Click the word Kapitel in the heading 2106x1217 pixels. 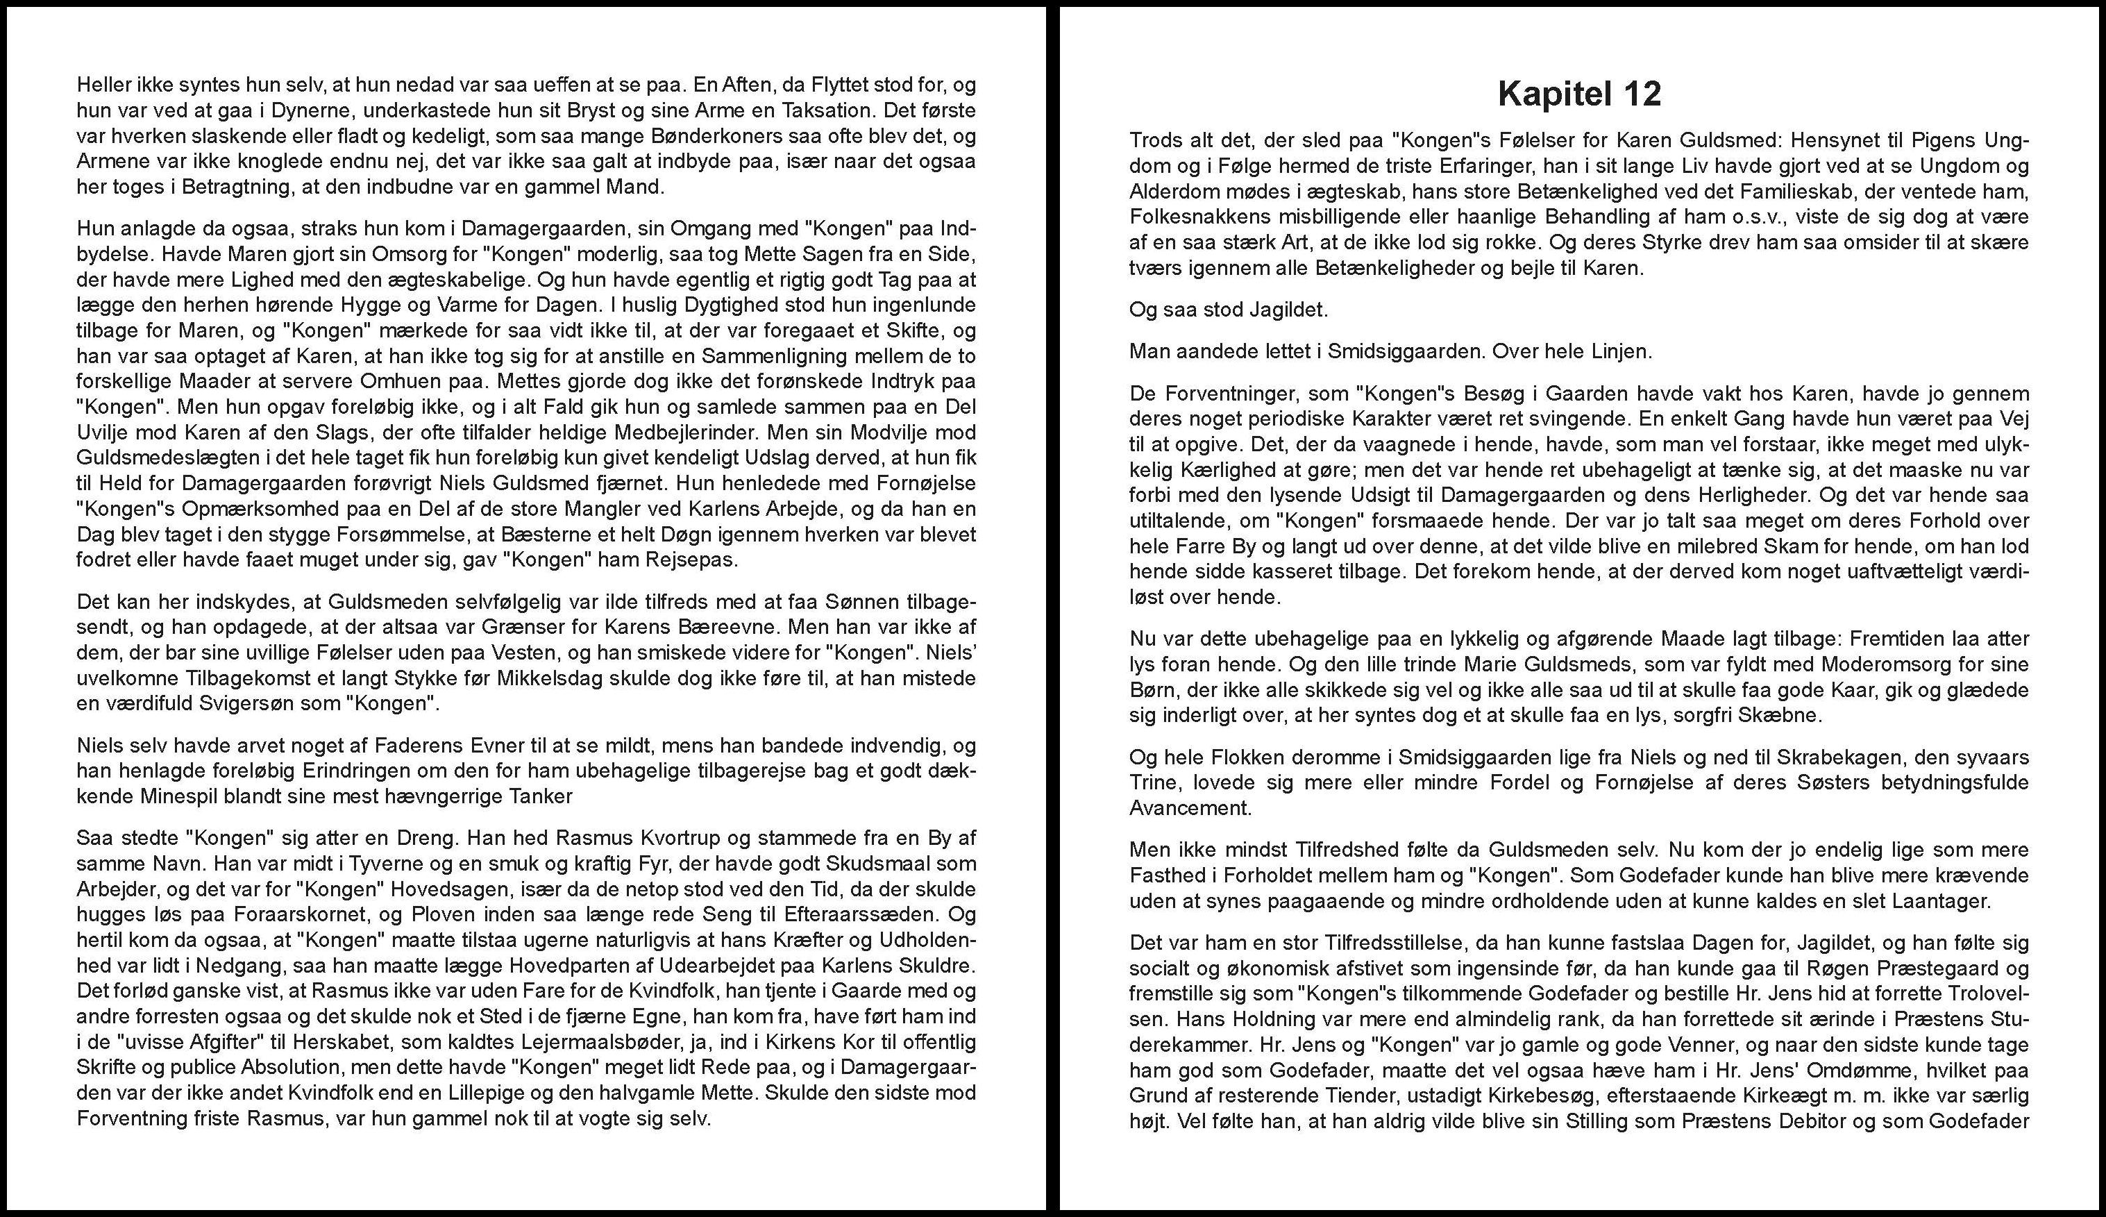[1551, 94]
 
